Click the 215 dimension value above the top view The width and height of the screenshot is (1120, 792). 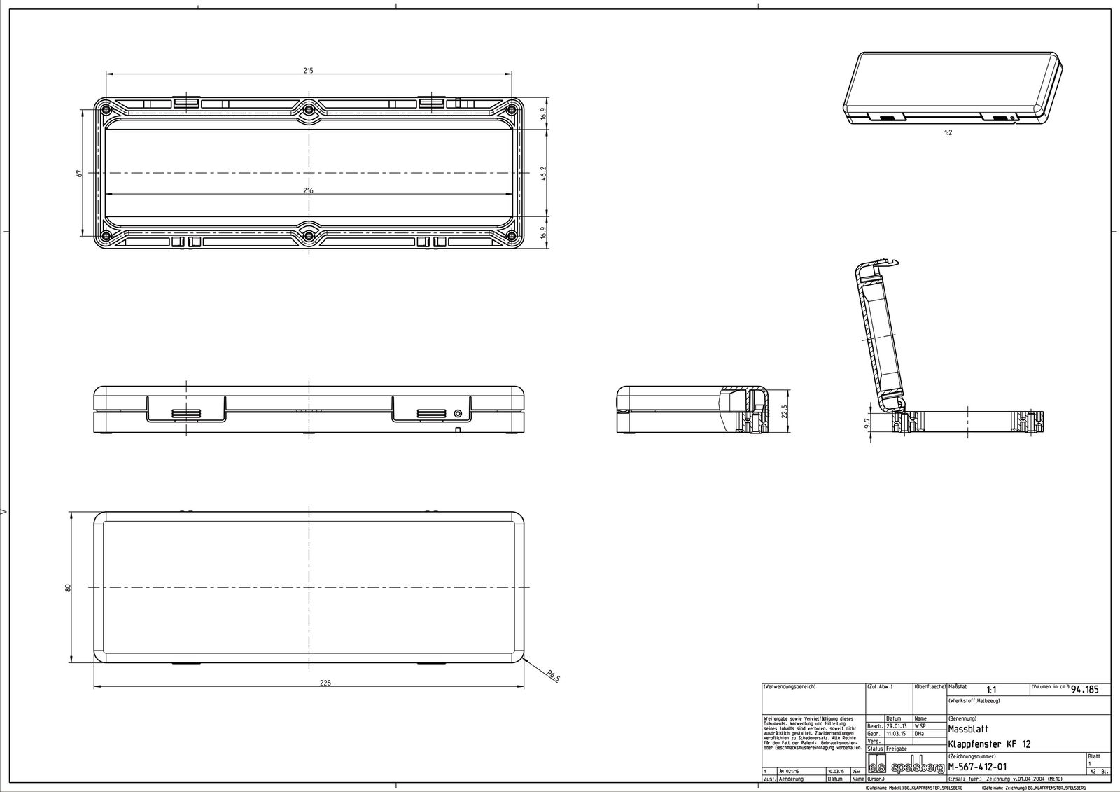tap(309, 70)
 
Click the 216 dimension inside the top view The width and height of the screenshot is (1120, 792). tap(309, 190)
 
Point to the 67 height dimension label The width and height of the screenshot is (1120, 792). tap(80, 172)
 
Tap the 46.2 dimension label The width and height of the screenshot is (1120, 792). tap(543, 172)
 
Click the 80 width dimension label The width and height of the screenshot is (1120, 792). tap(69, 587)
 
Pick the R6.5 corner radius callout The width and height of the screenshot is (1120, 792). tap(554, 676)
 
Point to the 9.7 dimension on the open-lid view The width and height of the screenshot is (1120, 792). tap(866, 422)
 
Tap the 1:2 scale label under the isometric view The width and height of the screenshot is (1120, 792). tap(948, 132)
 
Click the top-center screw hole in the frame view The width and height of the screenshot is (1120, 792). tap(309, 109)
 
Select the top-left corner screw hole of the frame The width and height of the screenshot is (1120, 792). tap(105, 109)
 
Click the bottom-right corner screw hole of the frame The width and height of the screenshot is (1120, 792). tap(511, 235)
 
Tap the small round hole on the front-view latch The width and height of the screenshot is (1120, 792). tap(458, 413)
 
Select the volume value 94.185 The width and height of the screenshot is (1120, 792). tap(1085, 690)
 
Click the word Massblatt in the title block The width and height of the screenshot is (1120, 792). tap(967, 729)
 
